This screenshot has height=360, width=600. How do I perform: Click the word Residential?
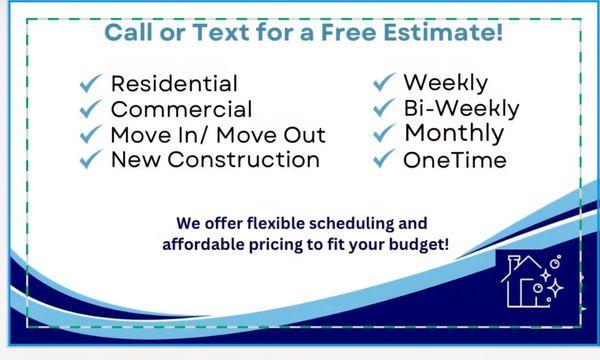(x=174, y=83)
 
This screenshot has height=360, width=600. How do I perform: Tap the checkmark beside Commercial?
(x=91, y=109)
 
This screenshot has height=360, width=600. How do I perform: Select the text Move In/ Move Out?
(x=218, y=135)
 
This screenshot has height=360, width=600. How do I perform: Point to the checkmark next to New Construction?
(x=91, y=159)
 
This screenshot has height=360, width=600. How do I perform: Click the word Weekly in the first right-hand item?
(x=446, y=83)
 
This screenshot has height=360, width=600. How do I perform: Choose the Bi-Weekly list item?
(x=461, y=109)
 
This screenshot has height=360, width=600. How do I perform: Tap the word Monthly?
(x=455, y=134)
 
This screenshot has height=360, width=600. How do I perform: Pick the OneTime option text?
(x=455, y=160)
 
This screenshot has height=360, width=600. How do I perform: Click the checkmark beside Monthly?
(x=384, y=133)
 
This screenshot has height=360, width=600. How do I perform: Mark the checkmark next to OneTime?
(x=384, y=158)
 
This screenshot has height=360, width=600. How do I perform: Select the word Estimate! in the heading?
(x=443, y=32)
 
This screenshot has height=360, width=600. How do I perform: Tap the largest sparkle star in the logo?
(x=555, y=288)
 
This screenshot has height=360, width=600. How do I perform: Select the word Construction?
(x=243, y=160)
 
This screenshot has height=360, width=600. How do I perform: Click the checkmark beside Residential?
(x=91, y=83)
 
